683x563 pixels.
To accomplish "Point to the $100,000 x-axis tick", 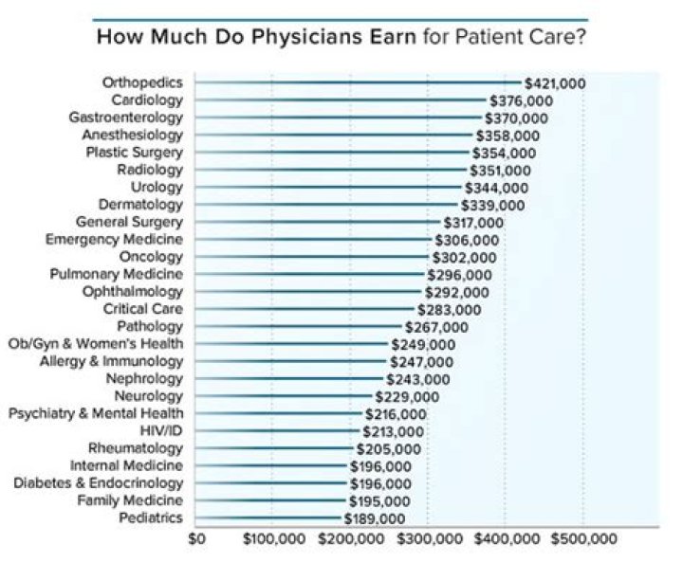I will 273,538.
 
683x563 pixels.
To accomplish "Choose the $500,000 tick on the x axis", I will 583,538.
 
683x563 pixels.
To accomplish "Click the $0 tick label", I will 196,538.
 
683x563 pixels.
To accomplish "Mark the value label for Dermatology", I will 492,205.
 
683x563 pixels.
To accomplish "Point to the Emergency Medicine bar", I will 314,240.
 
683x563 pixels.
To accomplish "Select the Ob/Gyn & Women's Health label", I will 96,344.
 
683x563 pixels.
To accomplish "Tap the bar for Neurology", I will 284,396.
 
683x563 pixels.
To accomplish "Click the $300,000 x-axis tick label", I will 428,538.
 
